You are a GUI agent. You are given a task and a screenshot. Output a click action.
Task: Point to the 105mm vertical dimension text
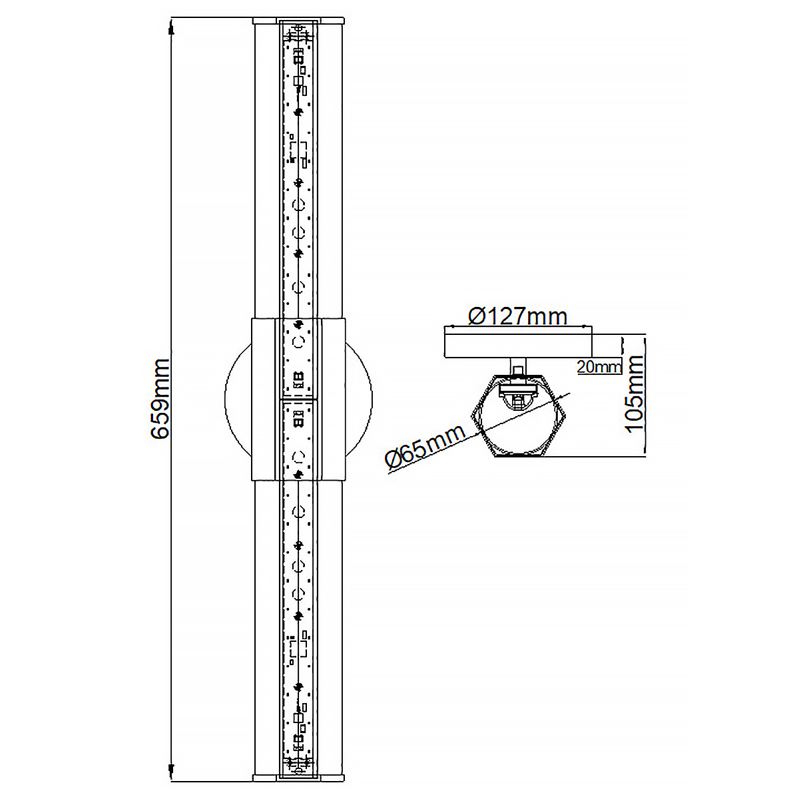point(635,393)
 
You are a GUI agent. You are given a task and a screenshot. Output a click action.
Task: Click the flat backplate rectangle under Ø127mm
point(517,343)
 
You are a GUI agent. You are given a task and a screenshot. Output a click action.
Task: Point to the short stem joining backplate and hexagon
point(517,366)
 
